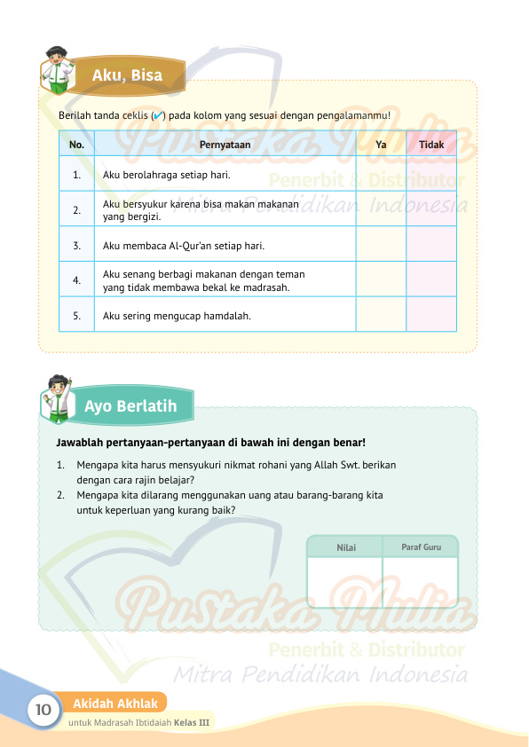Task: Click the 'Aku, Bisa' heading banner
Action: point(128,75)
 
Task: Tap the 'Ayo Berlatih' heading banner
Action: point(130,406)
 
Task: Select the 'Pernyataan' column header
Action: point(225,144)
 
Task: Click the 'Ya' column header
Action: point(381,144)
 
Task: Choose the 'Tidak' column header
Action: point(431,144)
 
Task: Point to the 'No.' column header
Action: point(76,144)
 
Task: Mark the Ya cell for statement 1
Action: point(381,175)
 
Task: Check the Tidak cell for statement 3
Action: point(431,245)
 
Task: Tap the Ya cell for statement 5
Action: point(381,315)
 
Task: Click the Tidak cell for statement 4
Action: point(431,279)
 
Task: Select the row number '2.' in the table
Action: point(77,210)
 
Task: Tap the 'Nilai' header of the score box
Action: point(346,547)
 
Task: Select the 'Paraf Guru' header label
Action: point(420,547)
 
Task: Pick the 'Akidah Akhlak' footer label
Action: point(115,704)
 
